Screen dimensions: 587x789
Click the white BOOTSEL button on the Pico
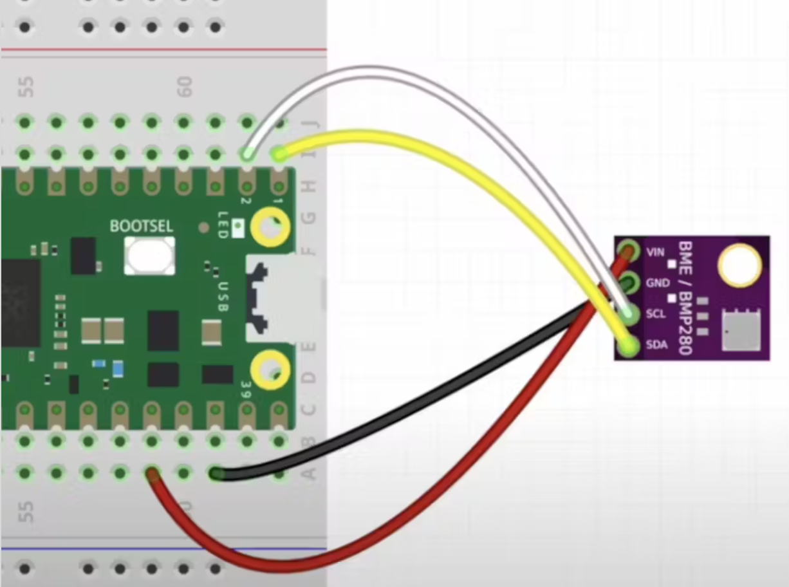point(150,256)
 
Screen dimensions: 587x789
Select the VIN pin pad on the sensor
point(627,251)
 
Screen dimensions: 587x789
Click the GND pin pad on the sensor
point(627,282)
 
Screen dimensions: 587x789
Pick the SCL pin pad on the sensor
point(629,313)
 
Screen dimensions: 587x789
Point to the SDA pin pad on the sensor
point(628,346)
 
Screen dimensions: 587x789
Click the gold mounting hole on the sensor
point(739,265)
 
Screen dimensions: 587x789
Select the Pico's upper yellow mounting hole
point(270,227)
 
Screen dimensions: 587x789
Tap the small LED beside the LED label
point(238,225)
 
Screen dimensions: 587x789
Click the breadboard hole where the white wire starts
point(247,154)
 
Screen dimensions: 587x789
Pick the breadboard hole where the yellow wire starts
point(279,154)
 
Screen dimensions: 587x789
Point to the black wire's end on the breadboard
point(217,474)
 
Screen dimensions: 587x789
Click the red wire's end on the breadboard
point(153,475)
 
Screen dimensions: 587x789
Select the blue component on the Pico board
point(118,368)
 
